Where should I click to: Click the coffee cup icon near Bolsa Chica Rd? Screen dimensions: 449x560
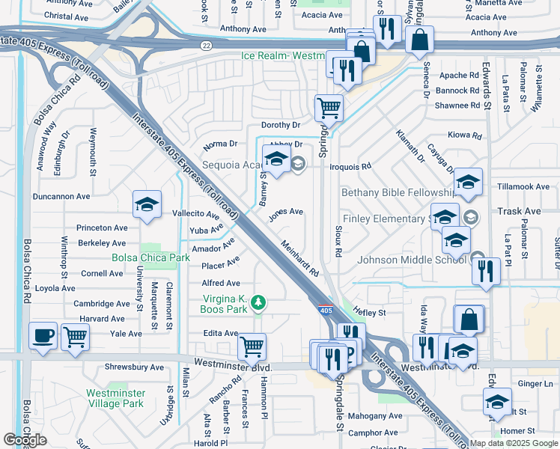(x=43, y=335)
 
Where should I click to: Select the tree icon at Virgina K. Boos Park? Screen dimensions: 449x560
(x=258, y=302)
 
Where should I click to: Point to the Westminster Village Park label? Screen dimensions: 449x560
(x=115, y=398)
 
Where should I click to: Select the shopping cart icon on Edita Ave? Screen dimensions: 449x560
(x=252, y=346)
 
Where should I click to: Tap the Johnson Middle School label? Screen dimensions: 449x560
(x=413, y=260)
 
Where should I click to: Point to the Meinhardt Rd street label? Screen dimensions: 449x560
(x=301, y=257)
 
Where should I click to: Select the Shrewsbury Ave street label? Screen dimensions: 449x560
(x=136, y=367)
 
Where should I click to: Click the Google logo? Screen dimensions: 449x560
(x=25, y=440)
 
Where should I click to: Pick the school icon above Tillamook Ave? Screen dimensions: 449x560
(x=468, y=182)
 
